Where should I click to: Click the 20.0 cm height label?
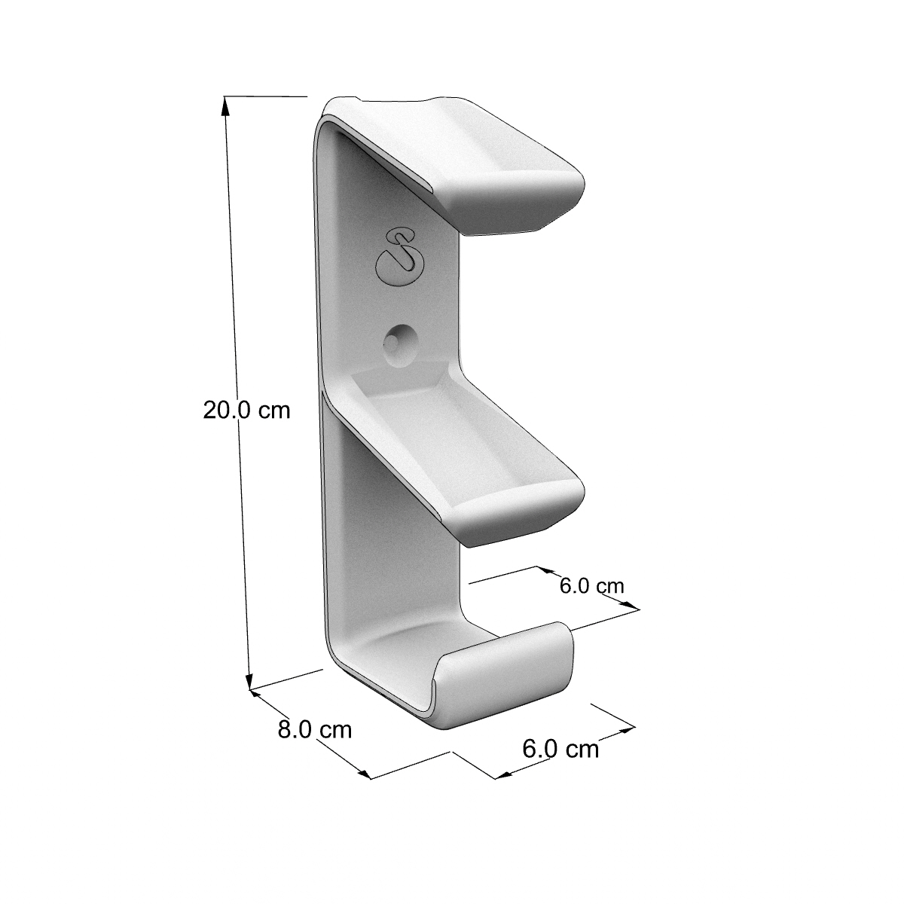[247, 411]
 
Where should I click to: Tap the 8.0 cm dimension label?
[315, 730]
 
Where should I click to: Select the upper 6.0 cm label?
[591, 586]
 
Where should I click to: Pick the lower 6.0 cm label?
[560, 749]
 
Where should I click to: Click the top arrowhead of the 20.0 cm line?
[226, 106]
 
